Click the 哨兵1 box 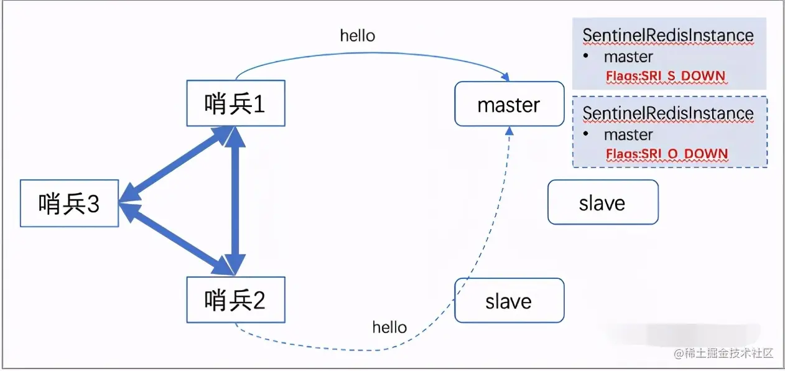pos(236,103)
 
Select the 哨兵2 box pos(236,300)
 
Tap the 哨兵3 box pos(69,204)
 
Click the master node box pos(508,105)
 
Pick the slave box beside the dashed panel pos(602,202)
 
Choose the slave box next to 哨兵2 pos(509,301)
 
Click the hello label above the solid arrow pos(358,35)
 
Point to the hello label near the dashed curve pos(389,327)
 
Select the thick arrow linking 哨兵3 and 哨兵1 pos(177,166)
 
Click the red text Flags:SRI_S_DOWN pos(666,77)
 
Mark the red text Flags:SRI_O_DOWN pos(667,154)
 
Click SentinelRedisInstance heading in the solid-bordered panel pos(668,36)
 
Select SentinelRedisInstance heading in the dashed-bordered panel pos(668,114)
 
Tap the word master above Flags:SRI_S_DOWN pos(628,57)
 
